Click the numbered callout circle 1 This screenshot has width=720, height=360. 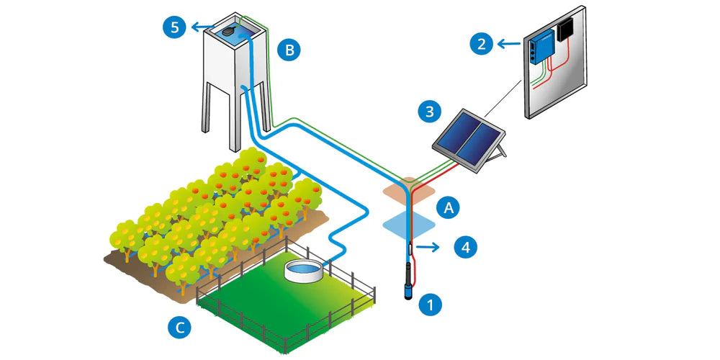pos(431,304)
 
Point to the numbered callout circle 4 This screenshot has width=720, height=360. pos(465,247)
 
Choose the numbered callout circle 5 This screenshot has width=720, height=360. pos(173,28)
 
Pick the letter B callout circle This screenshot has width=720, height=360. pos(289,50)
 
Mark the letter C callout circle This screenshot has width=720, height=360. pos(179,328)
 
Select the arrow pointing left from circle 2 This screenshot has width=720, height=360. pos(510,45)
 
